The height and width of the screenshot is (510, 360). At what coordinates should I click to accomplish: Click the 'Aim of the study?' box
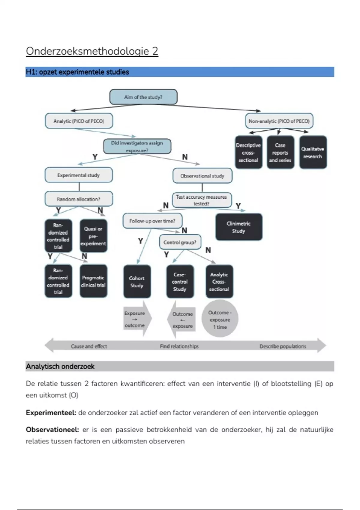pos(143,97)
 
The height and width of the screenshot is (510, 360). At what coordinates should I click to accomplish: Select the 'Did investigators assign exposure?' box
pos(137,146)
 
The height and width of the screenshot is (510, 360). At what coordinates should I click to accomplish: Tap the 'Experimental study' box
pos(79,175)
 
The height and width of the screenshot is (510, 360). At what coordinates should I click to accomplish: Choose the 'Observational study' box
pos(202,176)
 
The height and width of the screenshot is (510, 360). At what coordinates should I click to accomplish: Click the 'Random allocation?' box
pos(79,199)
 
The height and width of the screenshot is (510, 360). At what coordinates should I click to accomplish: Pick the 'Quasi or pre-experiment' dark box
pos(93,236)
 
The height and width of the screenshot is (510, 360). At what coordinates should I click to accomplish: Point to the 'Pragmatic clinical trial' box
pos(93,281)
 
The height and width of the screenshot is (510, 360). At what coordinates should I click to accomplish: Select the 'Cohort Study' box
pos(137,282)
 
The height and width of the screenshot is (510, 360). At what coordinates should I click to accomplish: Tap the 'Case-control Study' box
pos(180,282)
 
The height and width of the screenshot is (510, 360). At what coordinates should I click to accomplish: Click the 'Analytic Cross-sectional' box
pos(219,282)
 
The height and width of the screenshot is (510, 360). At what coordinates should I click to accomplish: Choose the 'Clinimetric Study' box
pos(238,227)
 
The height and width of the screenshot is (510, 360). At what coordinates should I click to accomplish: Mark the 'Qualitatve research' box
pos(313,152)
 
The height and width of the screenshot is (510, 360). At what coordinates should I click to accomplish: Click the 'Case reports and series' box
pos(280,152)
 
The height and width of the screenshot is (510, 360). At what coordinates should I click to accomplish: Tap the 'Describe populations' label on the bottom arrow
pos(283,346)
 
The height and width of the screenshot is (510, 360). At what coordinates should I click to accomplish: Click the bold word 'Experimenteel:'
pos(51,413)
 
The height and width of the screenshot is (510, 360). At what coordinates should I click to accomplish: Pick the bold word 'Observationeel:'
pos(52,430)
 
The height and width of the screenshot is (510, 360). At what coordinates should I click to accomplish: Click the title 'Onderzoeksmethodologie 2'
pos(92,51)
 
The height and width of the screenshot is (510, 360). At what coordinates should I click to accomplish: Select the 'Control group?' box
pos(180,242)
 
